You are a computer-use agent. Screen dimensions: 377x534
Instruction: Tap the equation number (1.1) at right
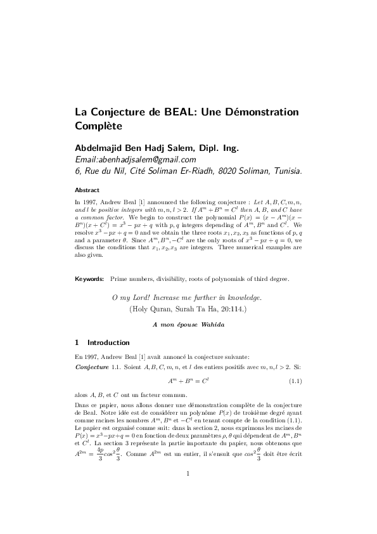[295, 381]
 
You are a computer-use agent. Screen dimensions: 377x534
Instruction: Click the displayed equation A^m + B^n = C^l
[188, 381]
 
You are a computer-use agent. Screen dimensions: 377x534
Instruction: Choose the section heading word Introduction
[108, 342]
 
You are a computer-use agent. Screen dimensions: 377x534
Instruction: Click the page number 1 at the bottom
[188, 492]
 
